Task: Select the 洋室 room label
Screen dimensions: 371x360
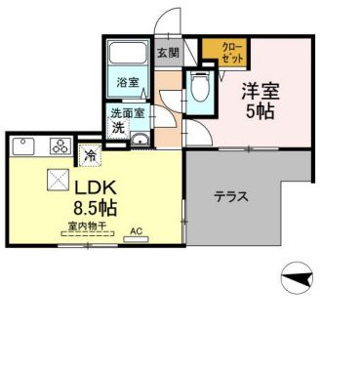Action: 261,91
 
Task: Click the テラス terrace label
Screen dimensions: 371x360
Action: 230,196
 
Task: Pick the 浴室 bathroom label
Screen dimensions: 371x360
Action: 128,82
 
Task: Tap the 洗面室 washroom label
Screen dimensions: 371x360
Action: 128,113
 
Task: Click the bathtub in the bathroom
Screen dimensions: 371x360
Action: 127,55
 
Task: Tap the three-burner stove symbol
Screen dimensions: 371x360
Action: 59,147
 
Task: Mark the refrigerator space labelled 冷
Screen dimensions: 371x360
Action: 90,154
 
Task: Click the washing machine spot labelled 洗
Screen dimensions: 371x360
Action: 117,128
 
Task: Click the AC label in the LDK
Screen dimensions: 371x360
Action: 137,231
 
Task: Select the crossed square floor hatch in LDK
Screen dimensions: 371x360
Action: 57,179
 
